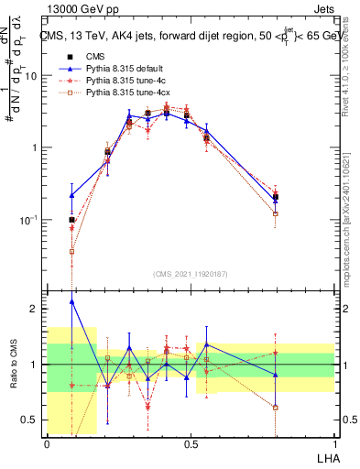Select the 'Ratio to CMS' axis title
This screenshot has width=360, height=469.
click(x=14, y=364)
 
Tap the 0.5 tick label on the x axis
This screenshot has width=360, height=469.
click(x=191, y=444)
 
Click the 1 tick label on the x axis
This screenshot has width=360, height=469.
click(x=334, y=444)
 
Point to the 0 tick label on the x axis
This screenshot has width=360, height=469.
click(x=47, y=444)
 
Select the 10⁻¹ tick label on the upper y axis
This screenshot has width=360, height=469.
click(x=30, y=220)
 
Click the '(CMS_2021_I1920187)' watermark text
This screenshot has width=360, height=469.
click(x=190, y=273)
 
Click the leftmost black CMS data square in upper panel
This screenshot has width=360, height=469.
click(x=71, y=220)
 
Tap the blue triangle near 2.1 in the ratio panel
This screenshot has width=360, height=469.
click(x=71, y=301)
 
